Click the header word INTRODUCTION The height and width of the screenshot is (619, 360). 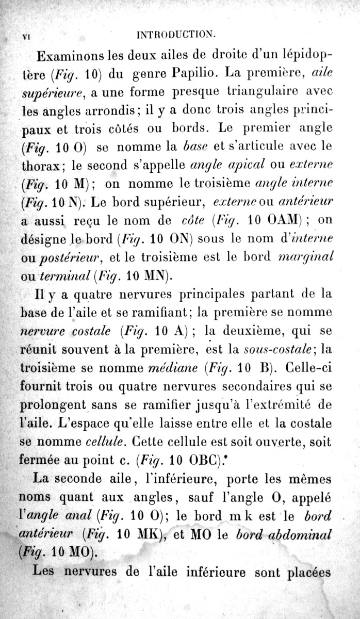click(x=175, y=35)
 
